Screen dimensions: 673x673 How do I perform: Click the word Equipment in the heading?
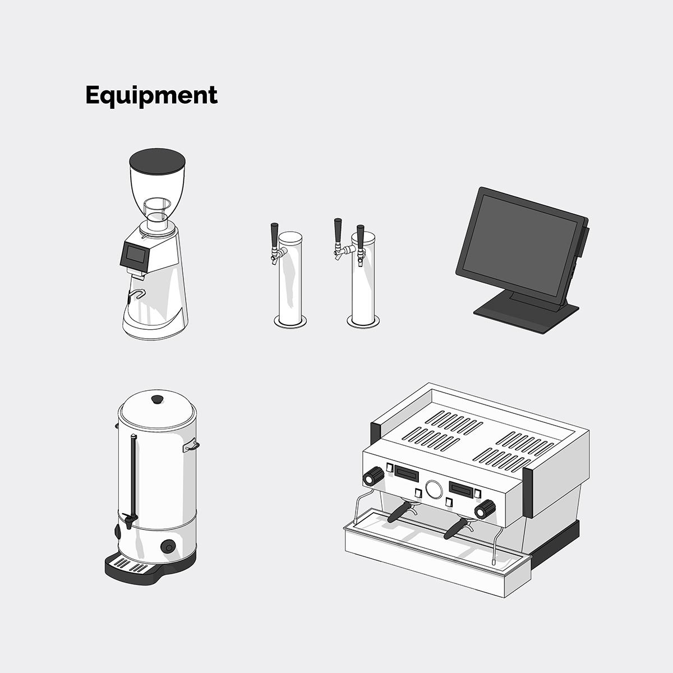[151, 95]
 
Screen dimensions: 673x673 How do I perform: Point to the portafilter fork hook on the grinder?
[136, 294]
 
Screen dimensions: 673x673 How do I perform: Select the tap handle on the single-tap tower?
[274, 235]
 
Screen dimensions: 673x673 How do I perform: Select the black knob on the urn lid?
[157, 399]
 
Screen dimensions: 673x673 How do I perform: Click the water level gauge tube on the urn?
[133, 476]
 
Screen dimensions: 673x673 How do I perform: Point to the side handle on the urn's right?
[191, 445]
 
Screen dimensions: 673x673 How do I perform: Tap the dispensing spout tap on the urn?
[130, 520]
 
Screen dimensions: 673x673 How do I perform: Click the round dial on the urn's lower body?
[168, 547]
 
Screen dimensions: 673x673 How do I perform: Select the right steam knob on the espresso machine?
[485, 509]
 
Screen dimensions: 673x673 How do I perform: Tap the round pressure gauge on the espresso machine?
[434, 489]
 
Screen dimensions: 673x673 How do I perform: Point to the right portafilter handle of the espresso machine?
[456, 529]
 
